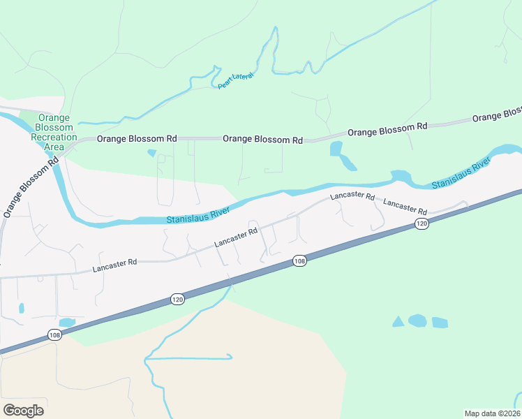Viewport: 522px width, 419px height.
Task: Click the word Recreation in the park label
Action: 54,138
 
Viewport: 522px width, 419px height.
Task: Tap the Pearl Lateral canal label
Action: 235,80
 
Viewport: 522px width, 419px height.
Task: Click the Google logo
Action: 23,410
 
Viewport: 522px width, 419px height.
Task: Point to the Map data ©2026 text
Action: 492,413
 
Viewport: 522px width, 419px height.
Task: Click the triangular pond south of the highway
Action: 398,321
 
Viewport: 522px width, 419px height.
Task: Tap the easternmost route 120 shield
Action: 421,223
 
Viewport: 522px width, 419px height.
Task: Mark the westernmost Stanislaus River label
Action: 198,215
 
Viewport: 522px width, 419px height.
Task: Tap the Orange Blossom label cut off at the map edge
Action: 497,115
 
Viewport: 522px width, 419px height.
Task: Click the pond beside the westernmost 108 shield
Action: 67,322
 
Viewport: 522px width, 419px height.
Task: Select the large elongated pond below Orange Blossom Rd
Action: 342,155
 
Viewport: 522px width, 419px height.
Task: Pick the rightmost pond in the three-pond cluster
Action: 440,322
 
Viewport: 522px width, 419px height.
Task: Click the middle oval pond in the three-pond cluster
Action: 417,321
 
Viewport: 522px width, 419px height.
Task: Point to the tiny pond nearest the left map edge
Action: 21,308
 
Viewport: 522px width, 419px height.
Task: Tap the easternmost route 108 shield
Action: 299,260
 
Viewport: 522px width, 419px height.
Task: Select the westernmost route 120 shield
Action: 177,299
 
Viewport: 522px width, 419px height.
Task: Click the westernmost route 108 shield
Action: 55,336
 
